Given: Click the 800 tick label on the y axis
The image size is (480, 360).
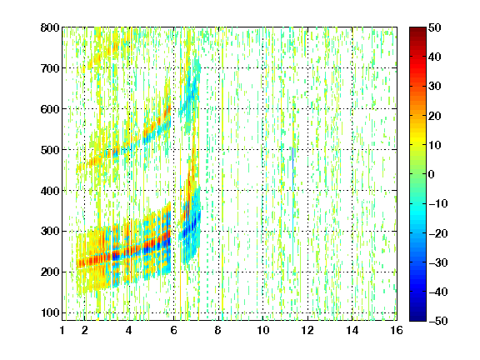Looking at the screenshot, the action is click(50, 27).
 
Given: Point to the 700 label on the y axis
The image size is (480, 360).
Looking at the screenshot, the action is click(50, 68).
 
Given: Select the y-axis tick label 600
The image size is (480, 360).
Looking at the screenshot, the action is click(50, 109).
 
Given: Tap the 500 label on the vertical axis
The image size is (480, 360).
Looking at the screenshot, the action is click(50, 150).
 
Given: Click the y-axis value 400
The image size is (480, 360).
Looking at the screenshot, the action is click(50, 191).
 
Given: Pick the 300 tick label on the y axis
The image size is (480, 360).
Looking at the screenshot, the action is click(50, 232).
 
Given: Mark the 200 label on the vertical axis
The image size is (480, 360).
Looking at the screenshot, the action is click(50, 272).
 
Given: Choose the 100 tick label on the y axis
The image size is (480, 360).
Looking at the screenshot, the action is click(50, 312).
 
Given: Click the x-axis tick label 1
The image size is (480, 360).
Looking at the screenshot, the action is click(62, 330).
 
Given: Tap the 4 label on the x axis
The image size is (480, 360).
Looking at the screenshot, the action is click(129, 330).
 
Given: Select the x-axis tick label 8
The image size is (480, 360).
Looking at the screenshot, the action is click(218, 330).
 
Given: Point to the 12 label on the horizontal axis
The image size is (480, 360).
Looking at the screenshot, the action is click(307, 330).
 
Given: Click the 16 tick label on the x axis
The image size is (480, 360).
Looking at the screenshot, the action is click(397, 330).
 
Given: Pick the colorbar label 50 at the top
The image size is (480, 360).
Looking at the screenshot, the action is click(435, 27).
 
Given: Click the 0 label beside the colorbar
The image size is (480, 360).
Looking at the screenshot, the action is click(432, 174).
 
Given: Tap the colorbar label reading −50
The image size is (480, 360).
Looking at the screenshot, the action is click(438, 321).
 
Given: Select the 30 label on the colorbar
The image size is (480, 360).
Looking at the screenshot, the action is click(435, 87).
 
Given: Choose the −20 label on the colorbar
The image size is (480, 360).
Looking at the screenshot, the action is click(438, 233).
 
